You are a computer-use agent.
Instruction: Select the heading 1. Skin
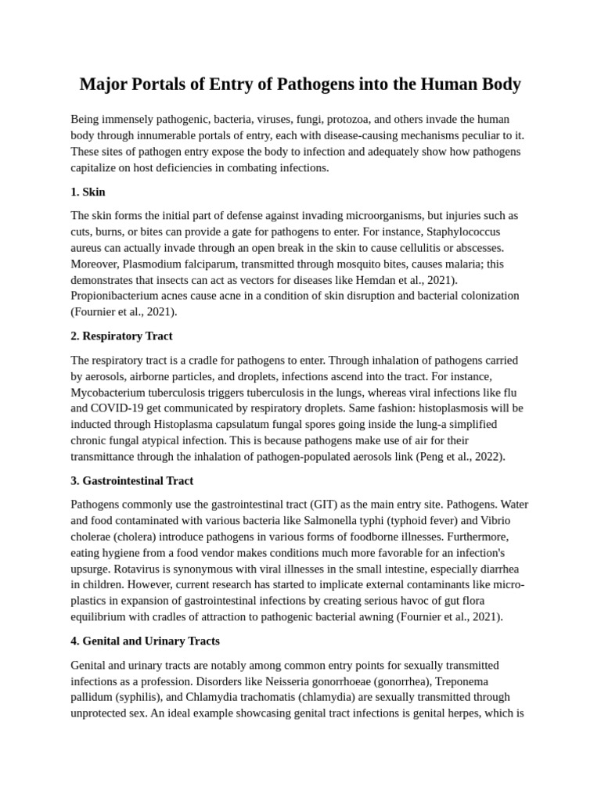pos(88,192)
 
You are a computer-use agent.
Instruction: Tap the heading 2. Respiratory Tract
pos(121,336)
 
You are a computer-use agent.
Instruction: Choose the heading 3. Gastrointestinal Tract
pos(131,480)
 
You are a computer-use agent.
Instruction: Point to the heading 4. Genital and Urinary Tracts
pos(145,641)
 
